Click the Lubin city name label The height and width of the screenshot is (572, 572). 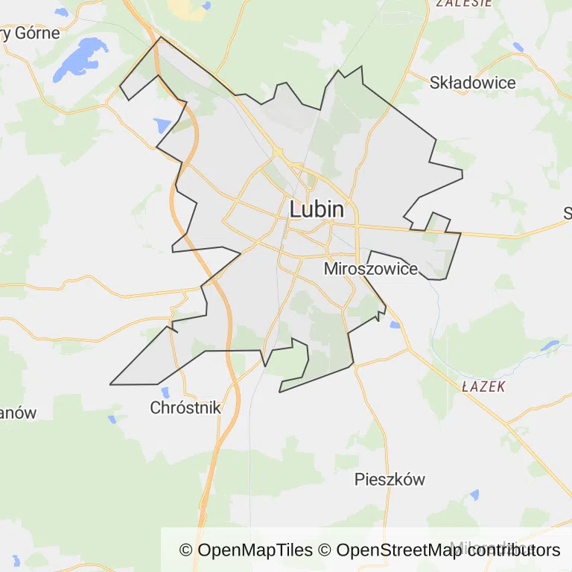coord(317,209)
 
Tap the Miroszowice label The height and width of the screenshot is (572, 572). coord(371,269)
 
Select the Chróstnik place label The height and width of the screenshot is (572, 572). coord(185,407)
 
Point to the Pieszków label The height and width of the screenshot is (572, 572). coord(390,479)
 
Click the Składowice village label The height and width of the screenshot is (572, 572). coord(472,83)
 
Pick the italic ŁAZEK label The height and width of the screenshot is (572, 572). coord(483,387)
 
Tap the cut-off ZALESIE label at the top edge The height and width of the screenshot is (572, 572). coord(464,3)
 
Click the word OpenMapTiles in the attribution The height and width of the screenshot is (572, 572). coord(255,550)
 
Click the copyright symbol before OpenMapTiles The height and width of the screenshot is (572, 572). coord(186,550)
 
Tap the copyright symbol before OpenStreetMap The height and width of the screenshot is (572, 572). coord(325,550)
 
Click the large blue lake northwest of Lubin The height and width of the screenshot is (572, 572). coord(80,58)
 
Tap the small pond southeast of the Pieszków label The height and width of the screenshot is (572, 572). coord(474,495)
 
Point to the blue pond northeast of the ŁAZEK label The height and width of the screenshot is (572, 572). coord(550,346)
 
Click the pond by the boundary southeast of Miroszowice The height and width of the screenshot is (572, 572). coord(395,324)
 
